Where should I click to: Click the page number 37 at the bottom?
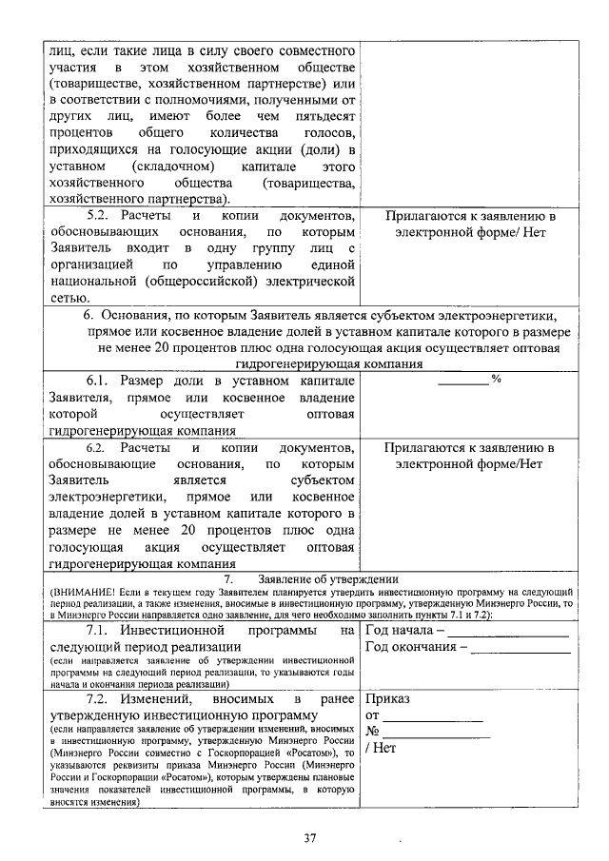click(x=309, y=838)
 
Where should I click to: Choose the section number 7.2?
click(x=101, y=699)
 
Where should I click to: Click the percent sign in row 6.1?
click(x=495, y=380)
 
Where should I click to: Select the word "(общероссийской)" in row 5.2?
click(x=200, y=282)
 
